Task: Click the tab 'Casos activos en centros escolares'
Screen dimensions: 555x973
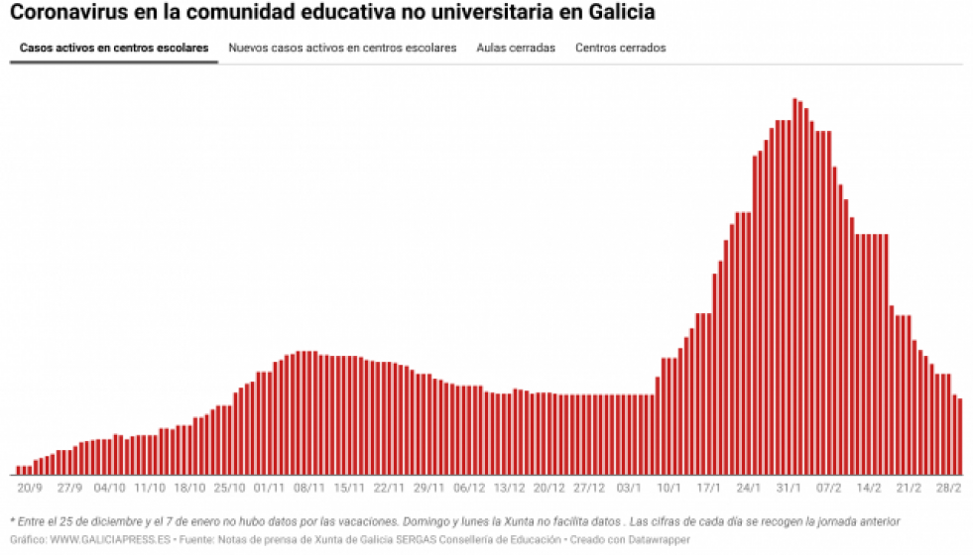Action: [x=114, y=48]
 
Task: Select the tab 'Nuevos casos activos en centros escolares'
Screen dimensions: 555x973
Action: [x=342, y=48]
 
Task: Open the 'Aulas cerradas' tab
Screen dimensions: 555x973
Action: [x=516, y=48]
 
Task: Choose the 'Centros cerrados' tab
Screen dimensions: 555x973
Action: [x=621, y=48]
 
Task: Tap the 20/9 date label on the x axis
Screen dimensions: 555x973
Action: [x=30, y=488]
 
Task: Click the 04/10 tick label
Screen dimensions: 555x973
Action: [x=109, y=488]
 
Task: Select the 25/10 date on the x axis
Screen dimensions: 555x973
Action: [x=229, y=488]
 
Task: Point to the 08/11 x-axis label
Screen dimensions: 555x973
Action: [x=309, y=488]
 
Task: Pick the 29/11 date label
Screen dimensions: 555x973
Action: [x=429, y=488]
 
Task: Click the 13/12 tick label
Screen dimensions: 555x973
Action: [x=509, y=488]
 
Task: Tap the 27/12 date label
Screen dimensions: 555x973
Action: [x=589, y=488]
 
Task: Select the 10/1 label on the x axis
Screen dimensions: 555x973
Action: [x=669, y=488]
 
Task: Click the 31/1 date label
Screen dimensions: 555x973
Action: [x=789, y=488]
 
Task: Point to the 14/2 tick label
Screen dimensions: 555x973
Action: [x=869, y=488]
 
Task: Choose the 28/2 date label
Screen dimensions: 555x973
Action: [x=949, y=488]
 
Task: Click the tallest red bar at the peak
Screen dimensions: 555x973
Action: [x=794, y=287]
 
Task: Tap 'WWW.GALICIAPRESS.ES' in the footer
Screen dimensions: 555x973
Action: [x=110, y=540]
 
